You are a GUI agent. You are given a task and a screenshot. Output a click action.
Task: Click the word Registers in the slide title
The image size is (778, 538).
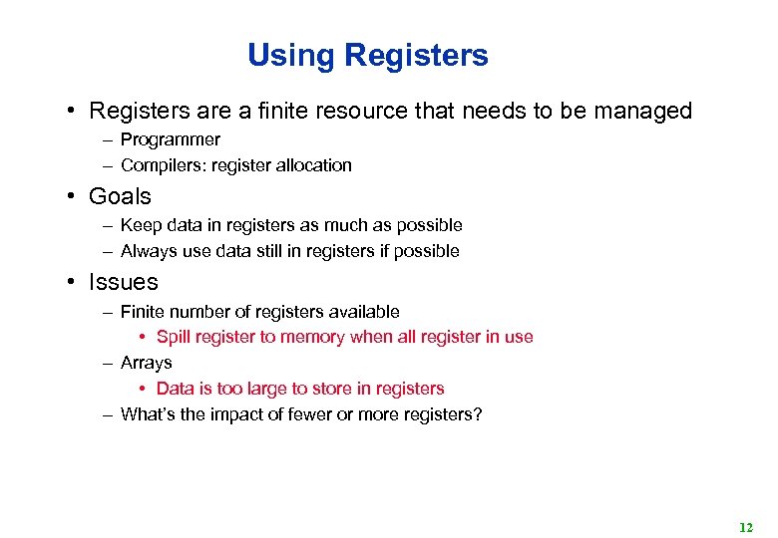416,55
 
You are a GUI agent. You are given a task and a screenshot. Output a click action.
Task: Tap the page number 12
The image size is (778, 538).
746,527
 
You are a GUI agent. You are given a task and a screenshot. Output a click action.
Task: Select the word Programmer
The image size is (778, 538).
170,139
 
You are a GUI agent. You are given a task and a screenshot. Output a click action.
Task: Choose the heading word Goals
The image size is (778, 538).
120,196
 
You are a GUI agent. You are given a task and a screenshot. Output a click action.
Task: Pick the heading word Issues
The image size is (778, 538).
123,282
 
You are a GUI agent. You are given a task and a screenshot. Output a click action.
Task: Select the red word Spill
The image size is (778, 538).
174,337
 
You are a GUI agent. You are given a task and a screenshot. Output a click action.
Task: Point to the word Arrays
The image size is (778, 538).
146,363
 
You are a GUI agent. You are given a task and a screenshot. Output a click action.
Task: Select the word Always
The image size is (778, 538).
148,251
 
